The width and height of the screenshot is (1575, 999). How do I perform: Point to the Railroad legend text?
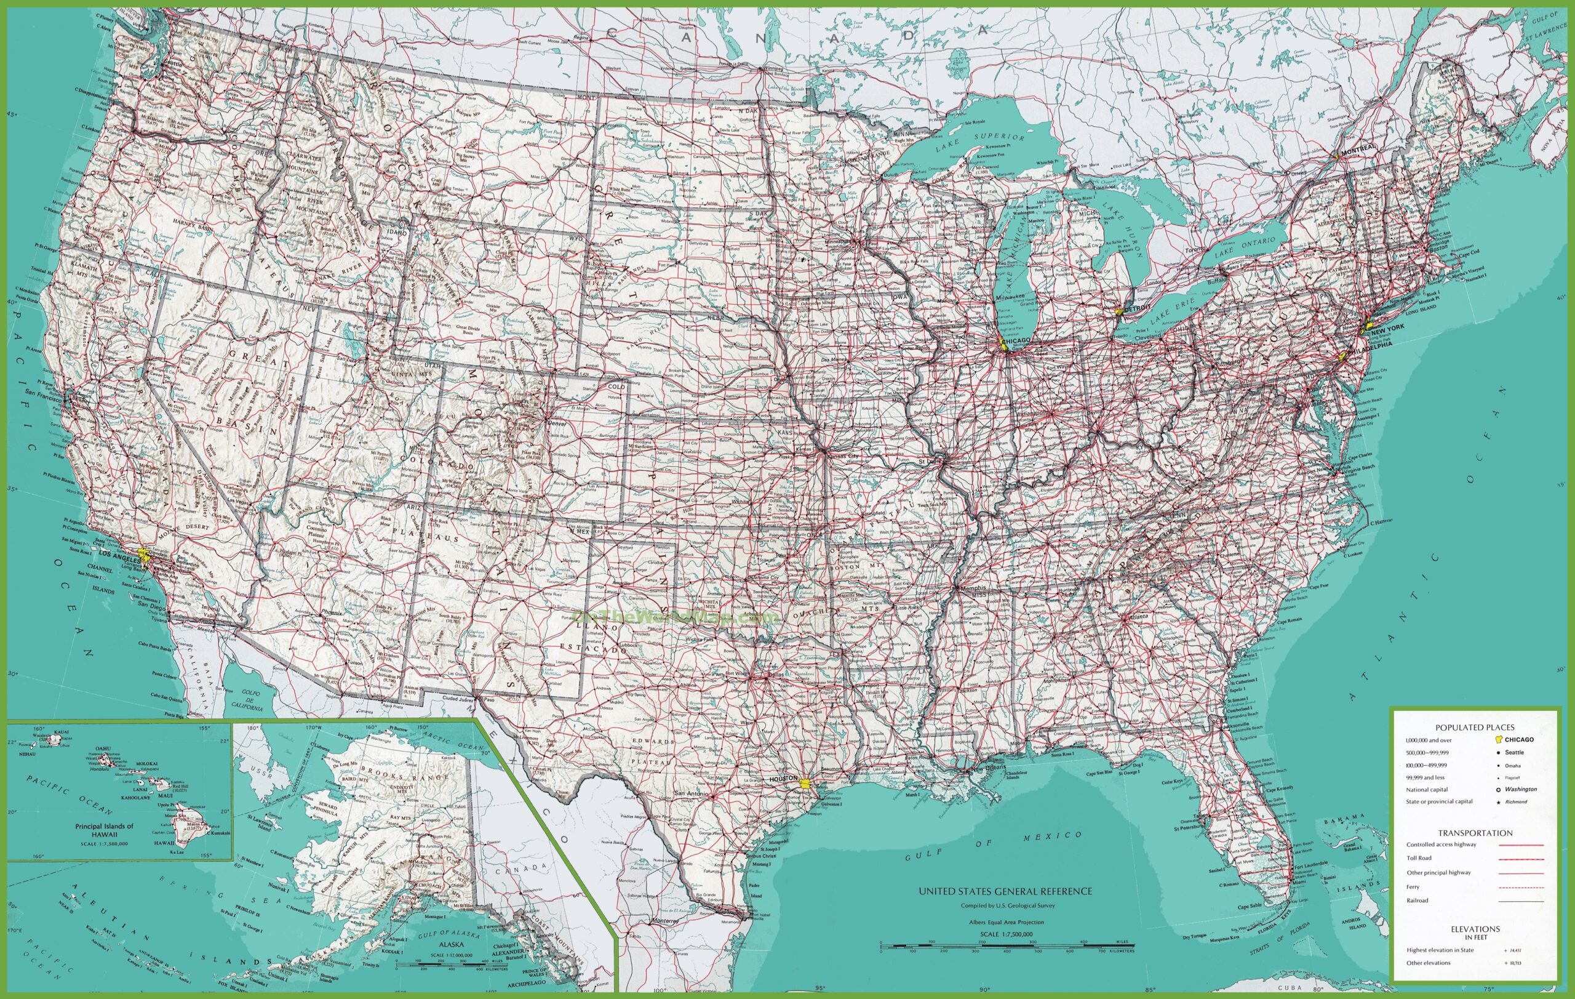coord(1417,901)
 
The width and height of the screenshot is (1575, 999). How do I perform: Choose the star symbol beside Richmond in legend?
coord(1502,801)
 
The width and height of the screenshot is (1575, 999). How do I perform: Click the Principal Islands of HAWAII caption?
coord(104,830)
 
